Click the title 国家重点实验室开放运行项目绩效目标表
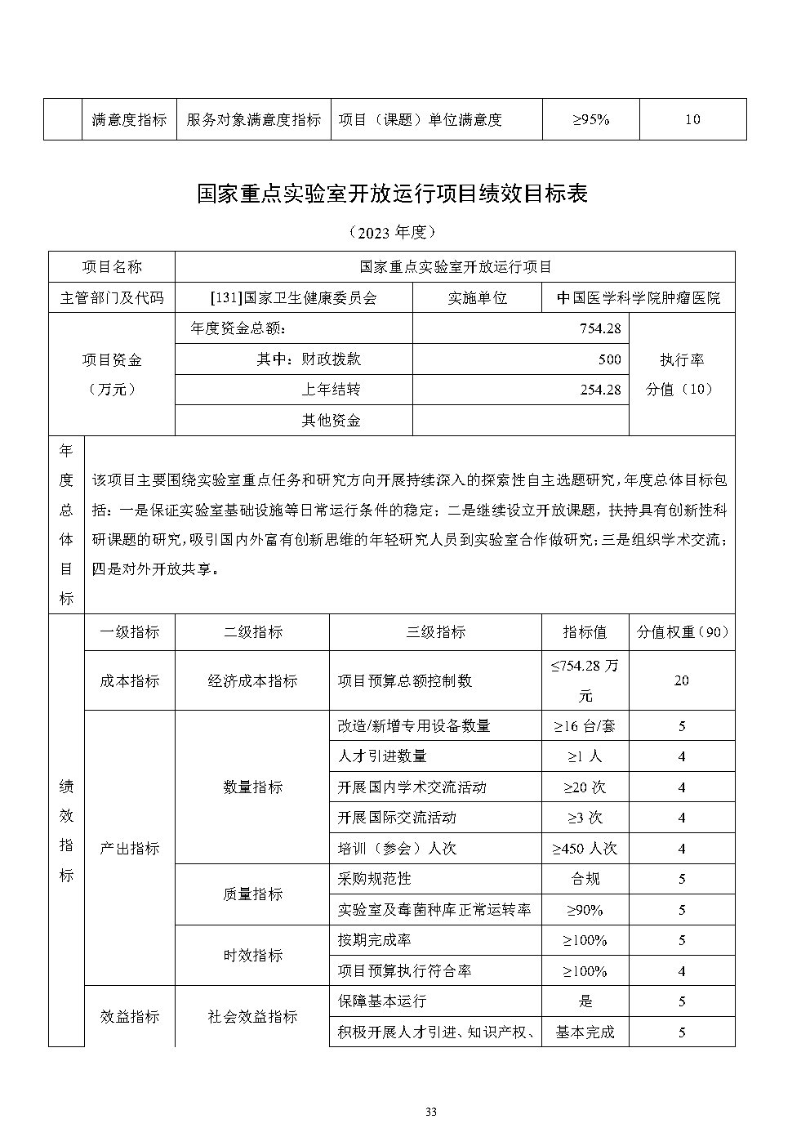pos(393,194)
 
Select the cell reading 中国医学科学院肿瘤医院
pos(639,298)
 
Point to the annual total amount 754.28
pos(600,329)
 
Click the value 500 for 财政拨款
pos(609,359)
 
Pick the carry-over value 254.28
pos(600,390)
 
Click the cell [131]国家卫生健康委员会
pos(294,298)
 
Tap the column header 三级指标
pos(435,632)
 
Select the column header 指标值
pos(585,632)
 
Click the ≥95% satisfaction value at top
pos(590,119)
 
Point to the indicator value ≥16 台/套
pos(585,726)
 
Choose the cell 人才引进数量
pos(382,756)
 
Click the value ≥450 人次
pos(585,849)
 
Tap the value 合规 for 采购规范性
pos(585,879)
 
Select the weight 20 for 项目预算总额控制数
pos(682,680)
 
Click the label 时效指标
pos(252,956)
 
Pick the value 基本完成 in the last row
pos(585,1032)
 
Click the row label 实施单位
pos(478,298)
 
